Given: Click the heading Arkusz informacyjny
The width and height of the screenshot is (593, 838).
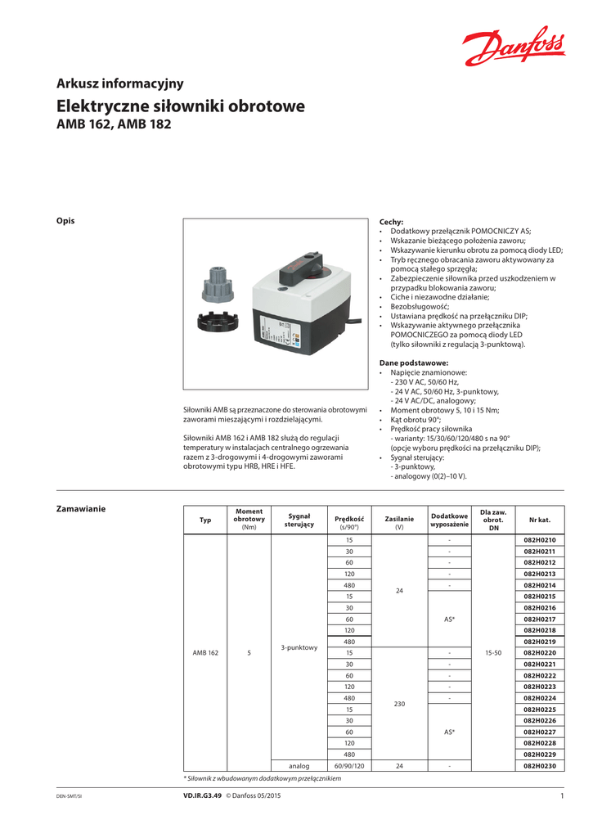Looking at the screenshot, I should pos(119,83).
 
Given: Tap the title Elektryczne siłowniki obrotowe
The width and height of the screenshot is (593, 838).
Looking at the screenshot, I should pos(180,106).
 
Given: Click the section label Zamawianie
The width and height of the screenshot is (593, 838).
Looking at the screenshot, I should pos(80,509).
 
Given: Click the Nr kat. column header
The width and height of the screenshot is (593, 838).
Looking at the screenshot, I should pos(539,520).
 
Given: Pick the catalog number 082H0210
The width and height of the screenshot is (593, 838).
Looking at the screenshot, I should pos(539,541).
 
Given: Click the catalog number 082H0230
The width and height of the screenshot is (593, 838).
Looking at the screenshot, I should pos(539,765).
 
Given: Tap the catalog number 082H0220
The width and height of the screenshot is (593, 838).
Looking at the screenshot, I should pos(539,653).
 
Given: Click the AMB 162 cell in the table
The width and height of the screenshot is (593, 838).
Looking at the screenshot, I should pos(205,653).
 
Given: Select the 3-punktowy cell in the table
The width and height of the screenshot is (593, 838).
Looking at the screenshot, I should pos(299,647).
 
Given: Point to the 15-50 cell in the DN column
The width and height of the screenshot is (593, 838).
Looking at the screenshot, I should pos(492,653).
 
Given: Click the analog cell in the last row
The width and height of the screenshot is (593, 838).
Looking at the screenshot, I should pos(299,765).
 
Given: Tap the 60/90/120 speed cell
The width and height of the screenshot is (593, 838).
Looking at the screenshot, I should pos(349,765).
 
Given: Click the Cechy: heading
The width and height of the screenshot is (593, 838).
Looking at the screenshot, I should pos(392,222).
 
